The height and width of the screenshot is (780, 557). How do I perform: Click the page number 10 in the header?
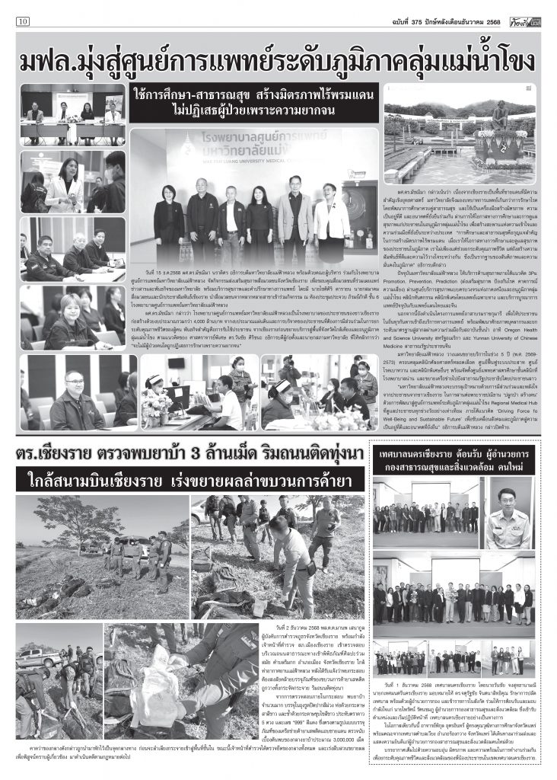(x=23, y=21)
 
